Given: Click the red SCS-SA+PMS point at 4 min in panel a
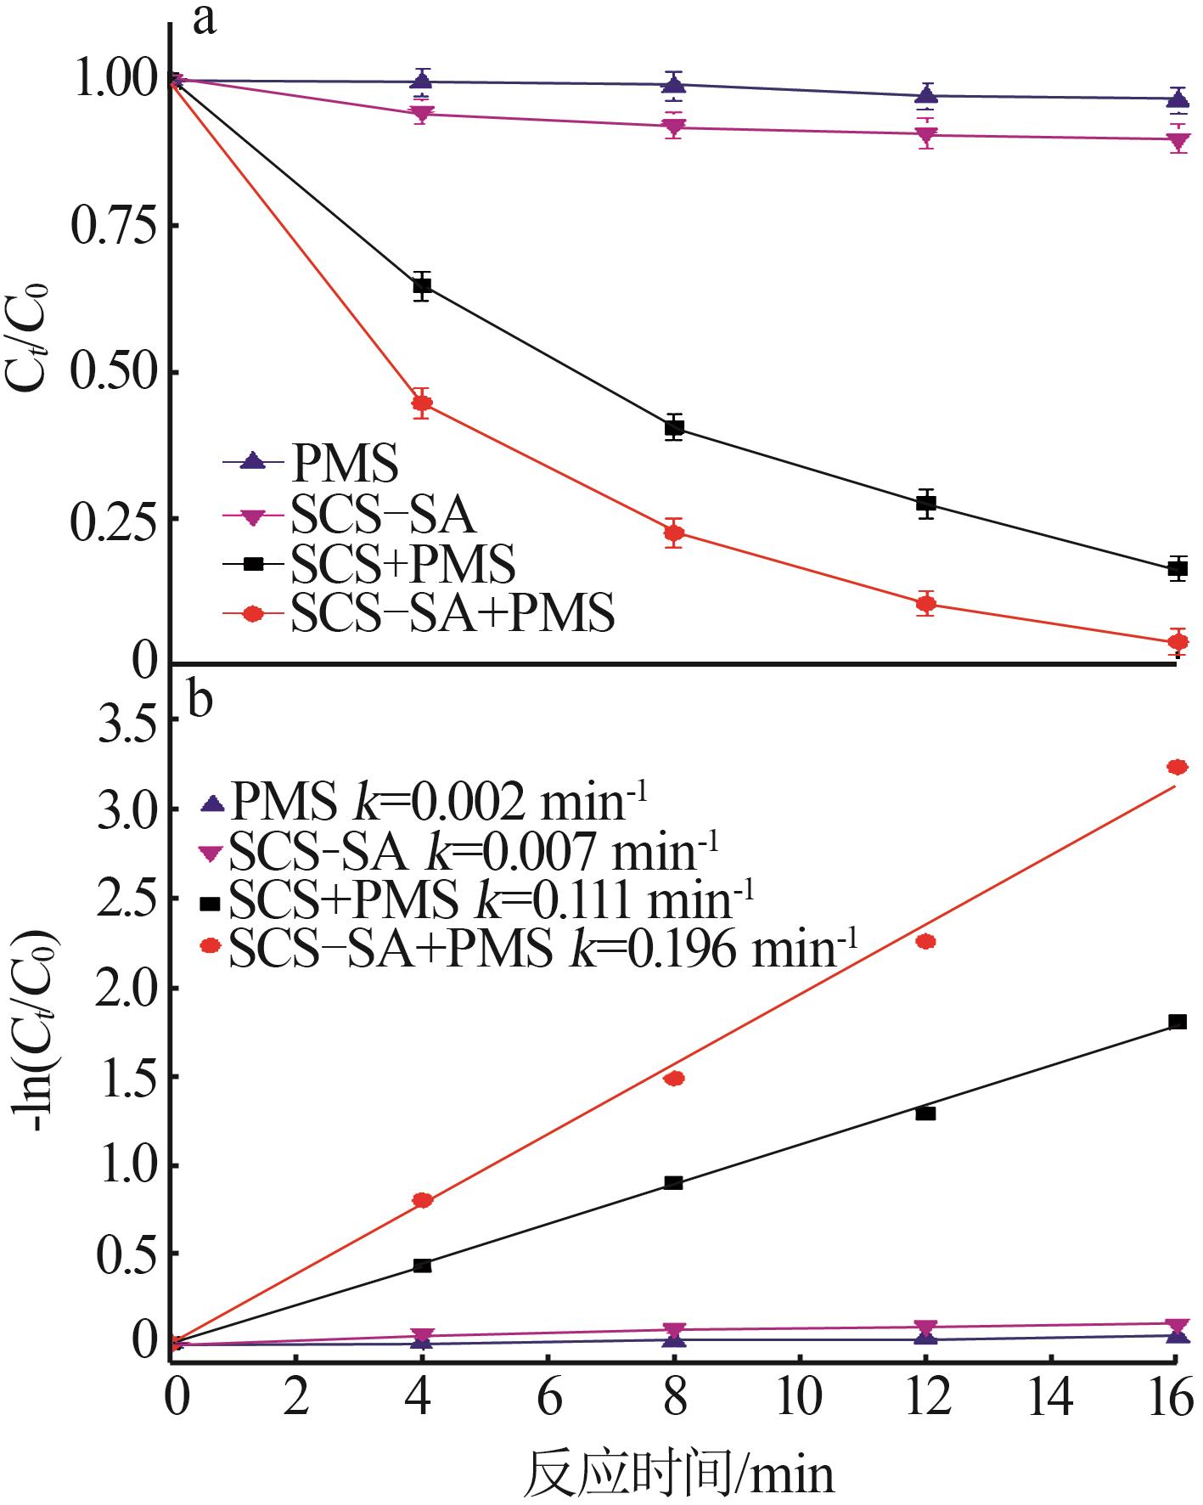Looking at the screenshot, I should click(422, 403).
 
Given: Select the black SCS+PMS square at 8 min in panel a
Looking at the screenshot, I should click(674, 427).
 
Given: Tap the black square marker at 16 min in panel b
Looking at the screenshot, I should click(1178, 1022).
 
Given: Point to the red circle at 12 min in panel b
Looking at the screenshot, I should click(926, 941).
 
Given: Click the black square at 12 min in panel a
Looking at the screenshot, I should click(926, 503).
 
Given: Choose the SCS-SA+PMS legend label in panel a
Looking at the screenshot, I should click(453, 613).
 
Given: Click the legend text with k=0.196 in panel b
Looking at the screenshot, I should click(543, 949).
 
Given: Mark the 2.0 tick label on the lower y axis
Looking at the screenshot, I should click(127, 988).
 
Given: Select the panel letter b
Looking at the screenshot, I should click(200, 702).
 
